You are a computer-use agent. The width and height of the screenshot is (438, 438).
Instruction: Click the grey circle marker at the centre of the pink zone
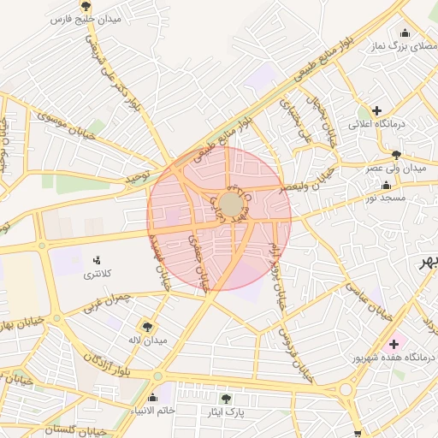tap(230, 204)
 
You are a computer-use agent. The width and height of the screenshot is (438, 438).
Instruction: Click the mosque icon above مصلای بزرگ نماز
tap(405, 33)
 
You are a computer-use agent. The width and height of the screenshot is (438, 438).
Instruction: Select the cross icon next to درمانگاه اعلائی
tap(377, 109)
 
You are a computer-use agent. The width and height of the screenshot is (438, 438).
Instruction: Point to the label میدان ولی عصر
tap(396, 169)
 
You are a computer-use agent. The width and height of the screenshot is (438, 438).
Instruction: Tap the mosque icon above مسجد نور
tap(387, 186)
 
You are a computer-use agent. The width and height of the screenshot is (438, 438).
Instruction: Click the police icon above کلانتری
tap(97, 260)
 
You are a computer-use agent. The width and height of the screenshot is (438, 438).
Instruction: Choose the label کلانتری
tap(97, 275)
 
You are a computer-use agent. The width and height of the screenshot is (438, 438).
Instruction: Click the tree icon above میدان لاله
tap(147, 326)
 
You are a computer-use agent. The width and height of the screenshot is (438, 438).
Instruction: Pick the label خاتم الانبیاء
tap(152, 411)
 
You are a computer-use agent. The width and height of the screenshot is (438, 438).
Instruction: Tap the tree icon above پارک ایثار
tap(226, 399)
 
